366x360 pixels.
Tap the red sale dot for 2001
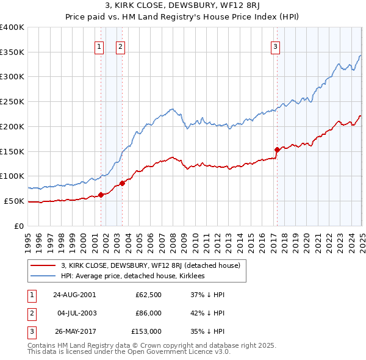click(x=101, y=195)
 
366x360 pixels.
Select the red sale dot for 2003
click(x=122, y=182)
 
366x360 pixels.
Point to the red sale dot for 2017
click(x=277, y=149)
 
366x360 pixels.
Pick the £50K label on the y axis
click(x=15, y=201)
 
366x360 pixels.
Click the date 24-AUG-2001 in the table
click(x=74, y=295)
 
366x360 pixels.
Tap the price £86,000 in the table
click(x=148, y=313)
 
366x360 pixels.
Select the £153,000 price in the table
click(x=146, y=331)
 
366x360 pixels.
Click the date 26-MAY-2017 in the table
click(x=74, y=331)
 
